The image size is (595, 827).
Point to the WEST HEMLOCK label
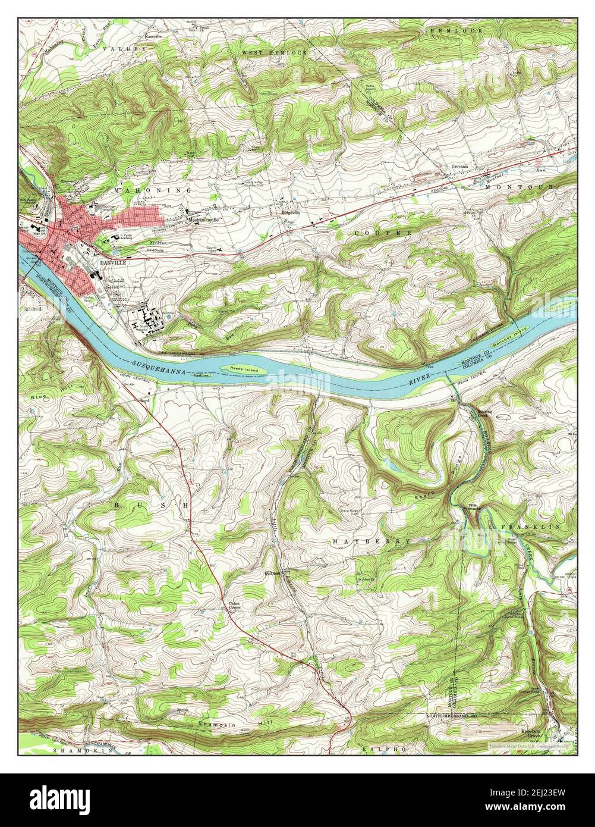click(x=274, y=53)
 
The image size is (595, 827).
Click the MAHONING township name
click(x=151, y=190)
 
